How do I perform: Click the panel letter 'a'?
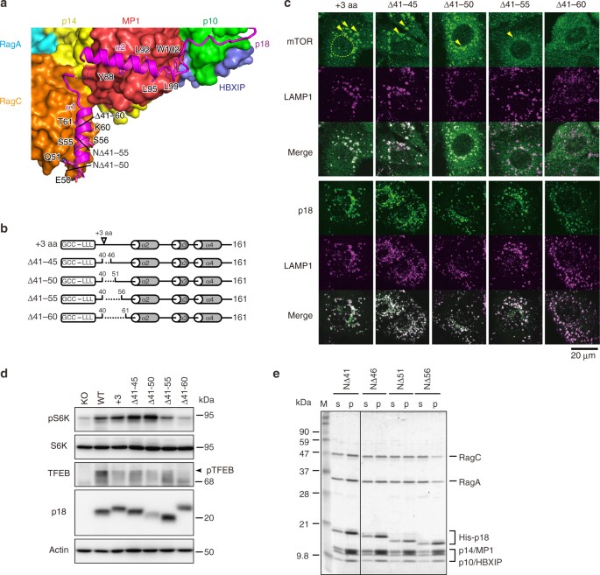[7, 6]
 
